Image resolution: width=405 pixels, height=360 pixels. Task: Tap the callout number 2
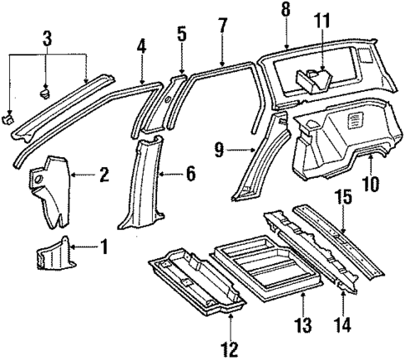[x=104, y=175]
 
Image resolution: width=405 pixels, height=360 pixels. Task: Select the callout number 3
[x=47, y=38]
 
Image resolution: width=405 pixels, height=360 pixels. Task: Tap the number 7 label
[x=221, y=26]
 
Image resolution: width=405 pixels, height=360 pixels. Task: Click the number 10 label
[x=369, y=182]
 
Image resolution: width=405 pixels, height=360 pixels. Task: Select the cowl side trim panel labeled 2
[x=52, y=188]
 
